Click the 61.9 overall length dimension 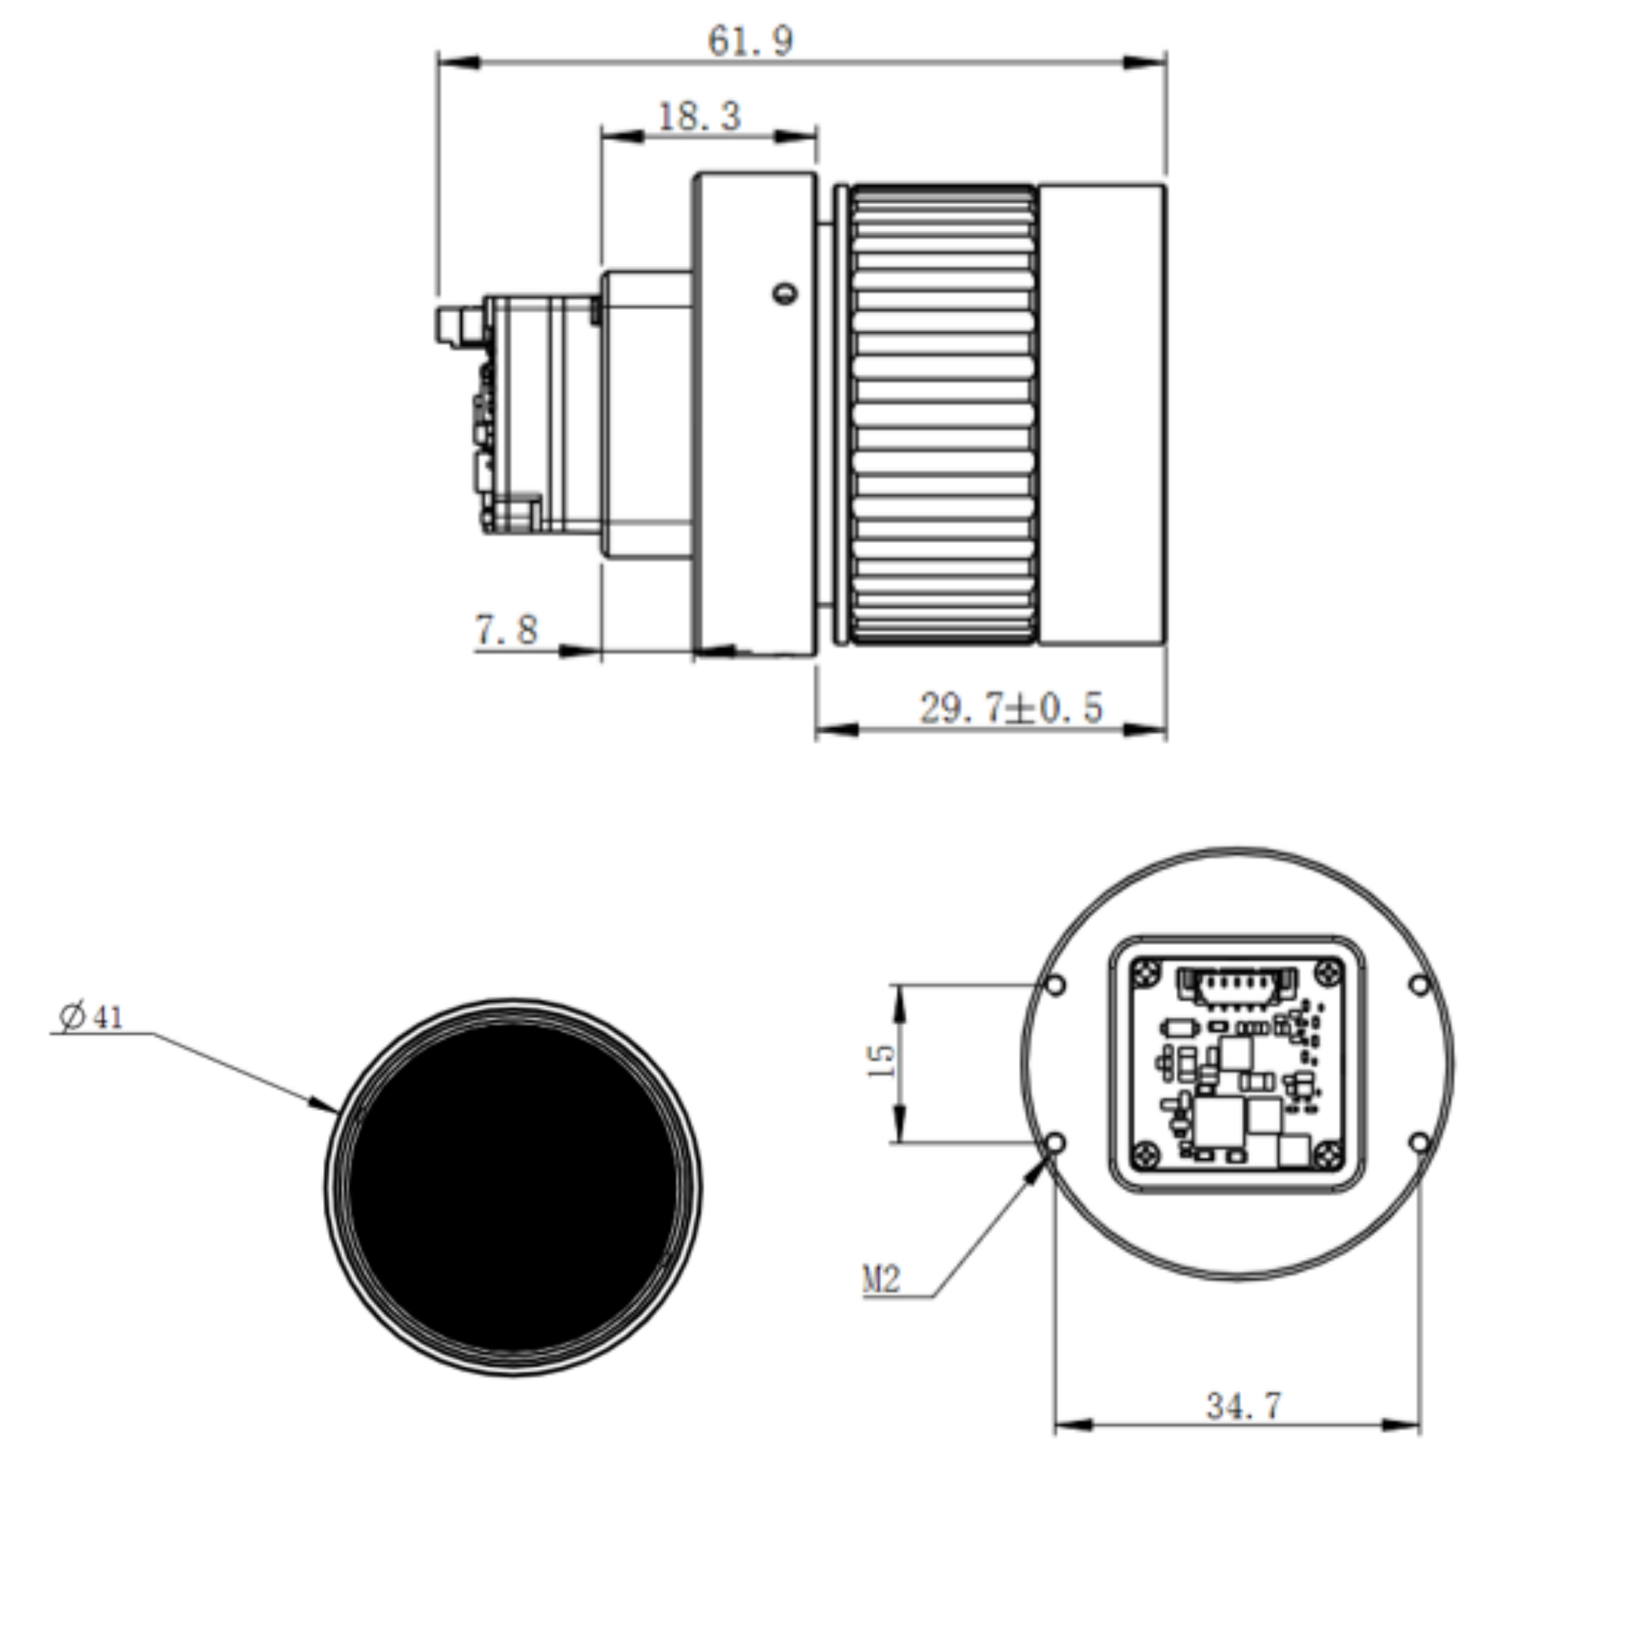750,41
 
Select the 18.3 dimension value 699,117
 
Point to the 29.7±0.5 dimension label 1011,708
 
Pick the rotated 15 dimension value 879,1061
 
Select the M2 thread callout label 882,1281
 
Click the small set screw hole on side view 785,294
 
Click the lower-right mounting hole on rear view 1420,1144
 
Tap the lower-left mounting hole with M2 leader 1055,1144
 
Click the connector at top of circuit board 1236,985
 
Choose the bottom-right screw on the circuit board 1329,1153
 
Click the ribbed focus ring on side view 943,415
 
